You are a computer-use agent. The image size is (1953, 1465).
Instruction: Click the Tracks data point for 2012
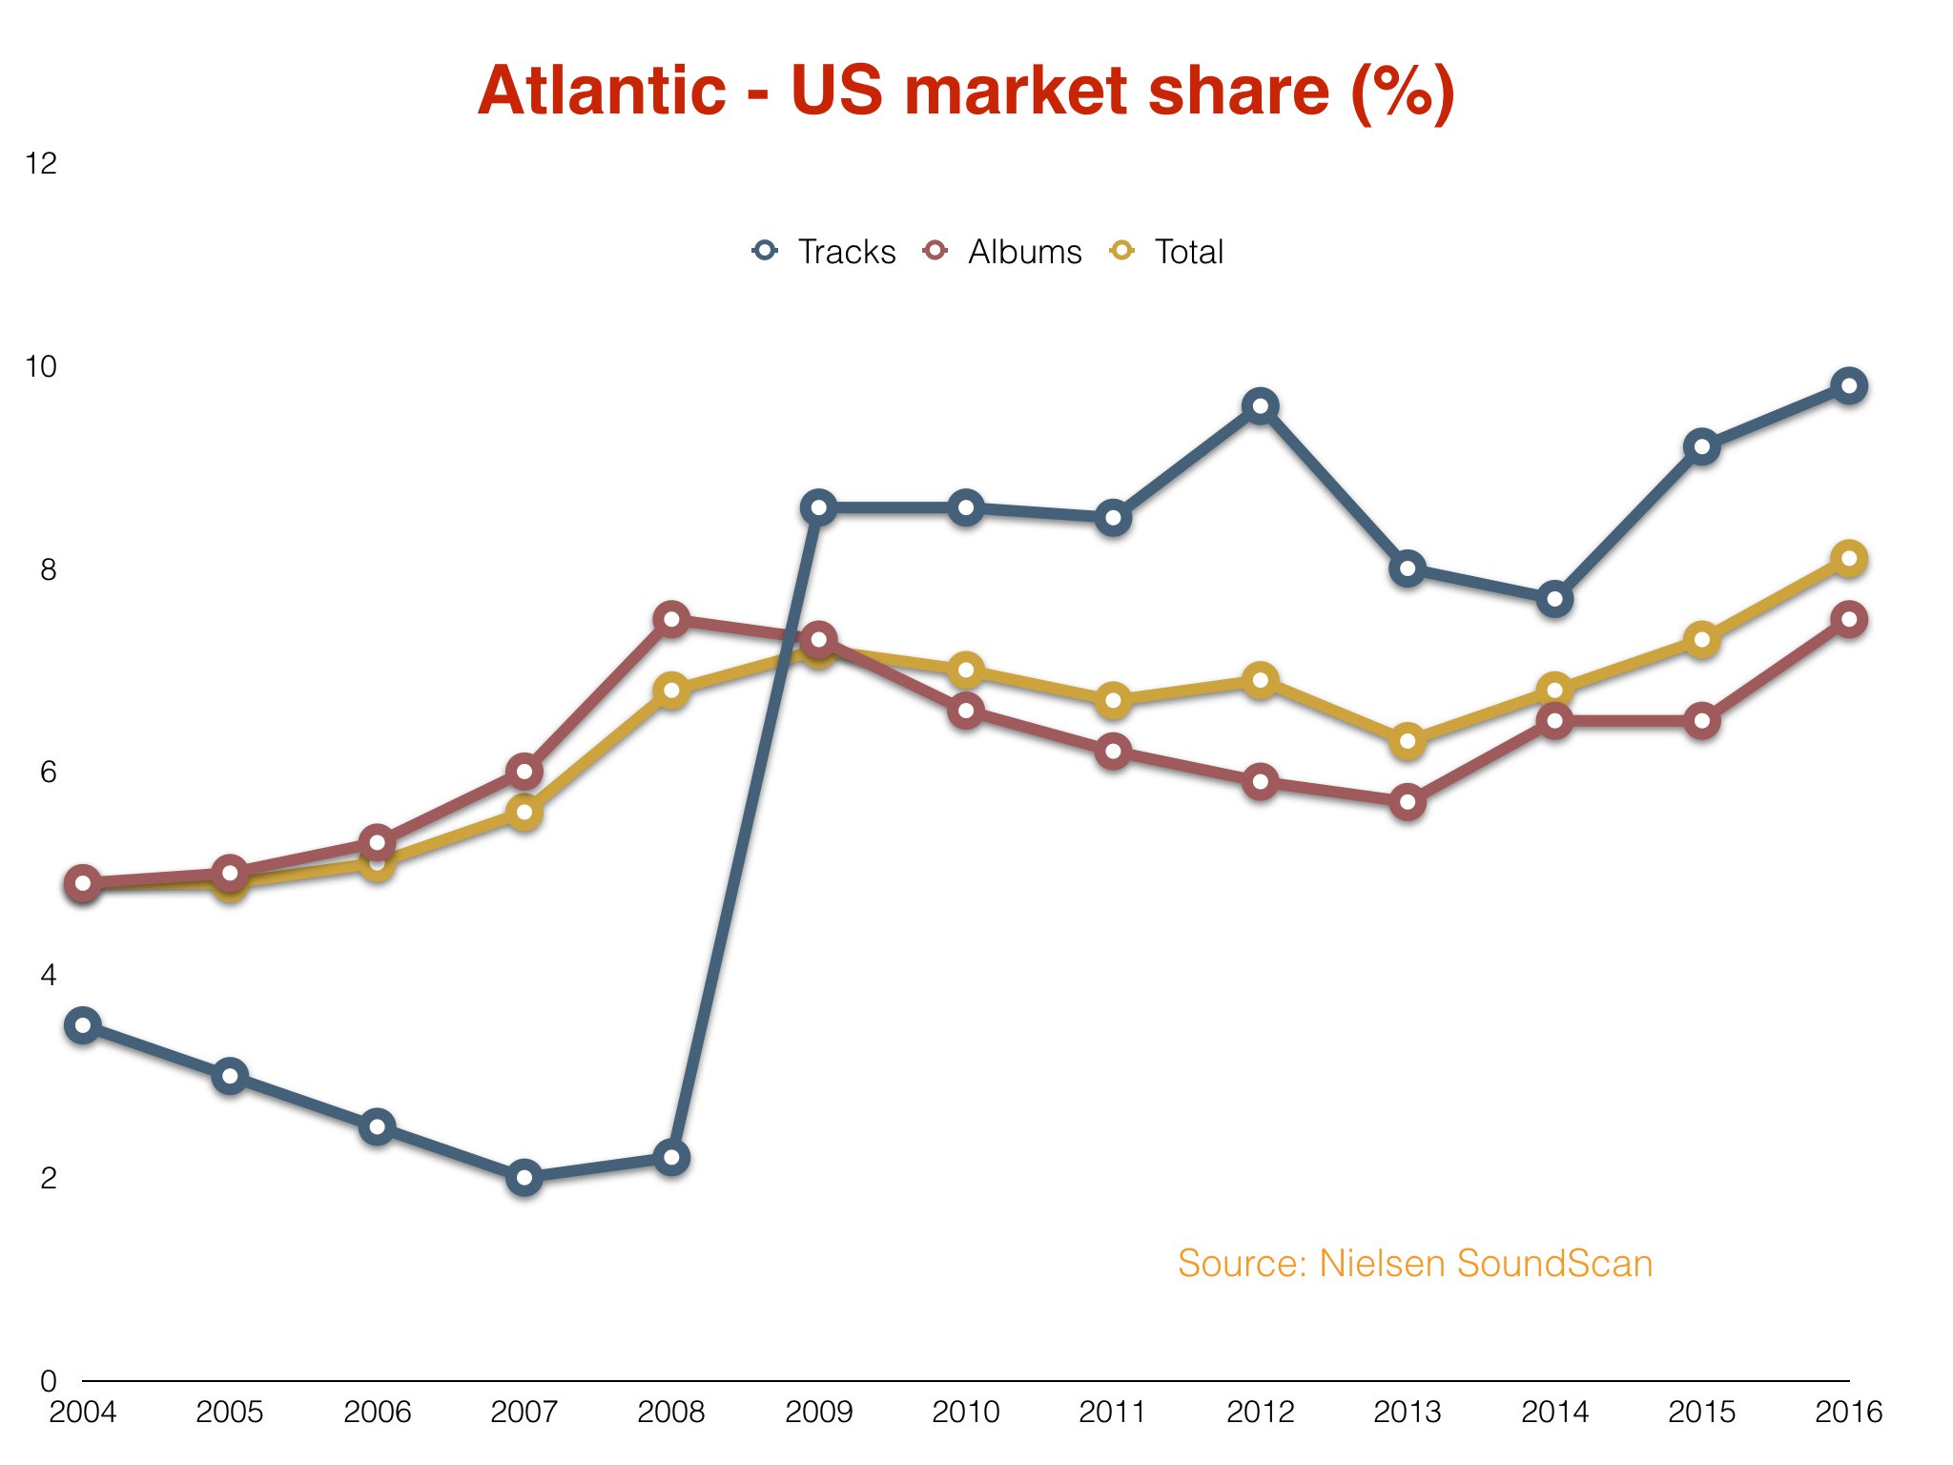[1260, 406]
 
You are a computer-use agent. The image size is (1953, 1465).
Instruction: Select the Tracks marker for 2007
[524, 1177]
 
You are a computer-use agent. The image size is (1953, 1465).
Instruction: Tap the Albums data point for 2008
[671, 619]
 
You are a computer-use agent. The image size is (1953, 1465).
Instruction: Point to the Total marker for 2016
[1849, 559]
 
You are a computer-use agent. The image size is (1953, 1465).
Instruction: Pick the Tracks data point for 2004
[83, 1025]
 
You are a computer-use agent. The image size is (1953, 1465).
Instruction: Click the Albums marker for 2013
[1408, 801]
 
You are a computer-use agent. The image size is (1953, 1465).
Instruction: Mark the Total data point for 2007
[524, 813]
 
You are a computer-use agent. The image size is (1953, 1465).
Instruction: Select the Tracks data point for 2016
[1849, 386]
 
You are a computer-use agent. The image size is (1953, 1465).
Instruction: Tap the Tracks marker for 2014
[1554, 599]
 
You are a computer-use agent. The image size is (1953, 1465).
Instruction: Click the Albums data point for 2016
[1849, 619]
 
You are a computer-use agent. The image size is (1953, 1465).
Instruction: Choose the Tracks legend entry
[825, 252]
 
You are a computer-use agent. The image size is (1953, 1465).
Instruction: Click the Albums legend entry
[1003, 252]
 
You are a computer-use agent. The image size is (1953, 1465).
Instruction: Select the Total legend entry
[1168, 252]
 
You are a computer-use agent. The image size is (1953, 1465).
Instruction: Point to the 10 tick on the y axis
[42, 366]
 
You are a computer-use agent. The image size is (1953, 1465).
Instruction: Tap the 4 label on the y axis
[48, 975]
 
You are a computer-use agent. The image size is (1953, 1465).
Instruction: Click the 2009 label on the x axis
[818, 1412]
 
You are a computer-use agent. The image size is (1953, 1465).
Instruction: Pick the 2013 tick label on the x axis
[1408, 1412]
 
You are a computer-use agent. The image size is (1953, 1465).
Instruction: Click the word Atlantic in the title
[602, 92]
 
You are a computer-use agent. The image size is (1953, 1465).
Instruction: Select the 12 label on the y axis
[42, 164]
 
